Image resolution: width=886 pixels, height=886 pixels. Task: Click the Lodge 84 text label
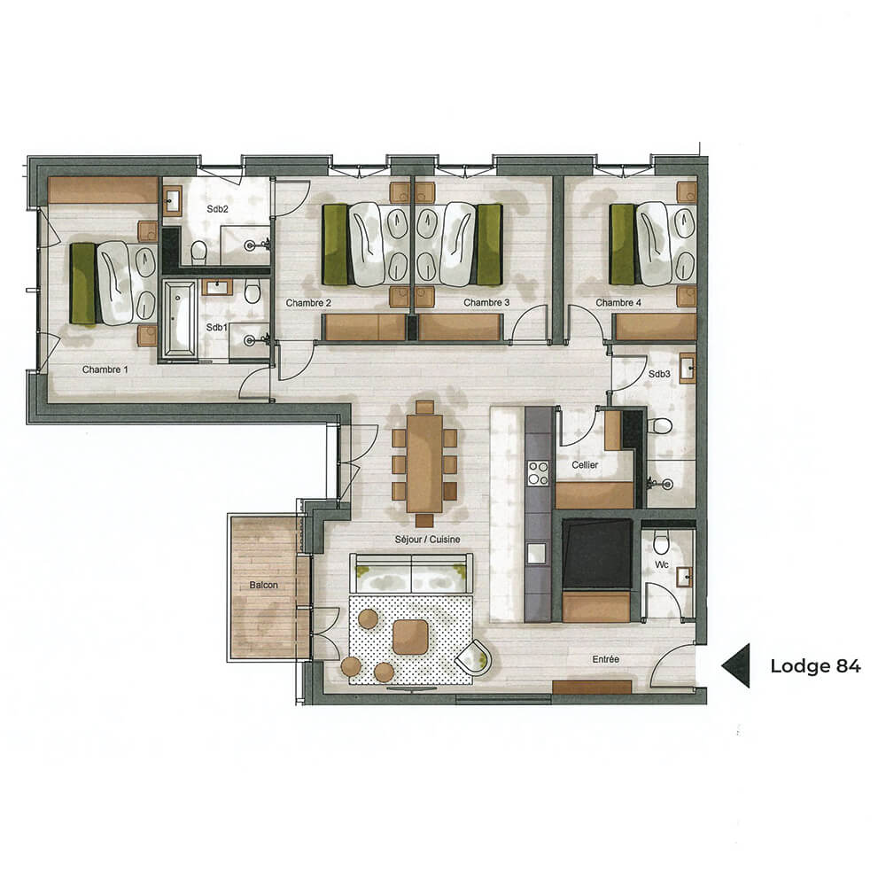click(815, 666)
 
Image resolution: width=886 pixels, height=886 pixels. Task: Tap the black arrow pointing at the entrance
click(736, 665)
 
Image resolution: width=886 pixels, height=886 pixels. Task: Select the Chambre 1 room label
click(106, 369)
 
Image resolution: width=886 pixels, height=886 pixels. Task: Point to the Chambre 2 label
click(308, 303)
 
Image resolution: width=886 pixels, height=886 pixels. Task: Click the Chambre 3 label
click(486, 303)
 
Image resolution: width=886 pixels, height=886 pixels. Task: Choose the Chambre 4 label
click(618, 303)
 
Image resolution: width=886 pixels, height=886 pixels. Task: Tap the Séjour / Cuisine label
click(429, 539)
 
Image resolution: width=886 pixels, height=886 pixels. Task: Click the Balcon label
click(263, 585)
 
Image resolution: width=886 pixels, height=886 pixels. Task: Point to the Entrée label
click(607, 659)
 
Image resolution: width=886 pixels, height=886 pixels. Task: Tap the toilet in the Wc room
click(661, 543)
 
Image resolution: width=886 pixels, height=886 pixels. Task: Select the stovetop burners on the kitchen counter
click(538, 474)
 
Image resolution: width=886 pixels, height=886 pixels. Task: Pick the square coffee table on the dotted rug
click(410, 636)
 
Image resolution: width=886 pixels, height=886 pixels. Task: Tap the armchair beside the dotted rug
click(475, 657)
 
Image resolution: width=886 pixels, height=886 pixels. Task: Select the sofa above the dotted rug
click(411, 575)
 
